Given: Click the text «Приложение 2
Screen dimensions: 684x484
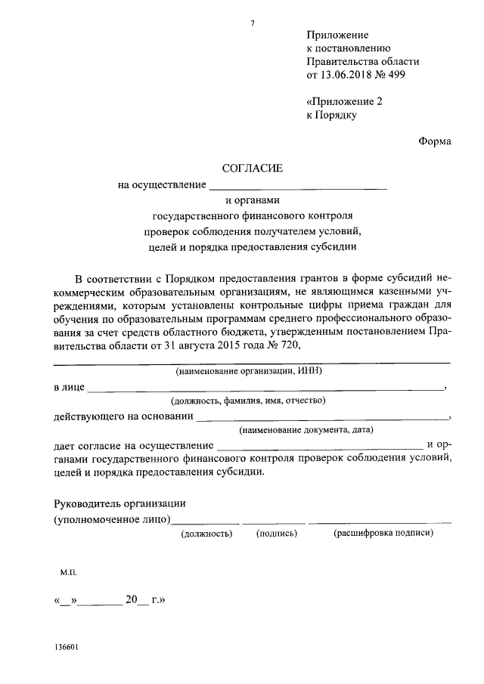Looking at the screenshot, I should pyautogui.click(x=345, y=101).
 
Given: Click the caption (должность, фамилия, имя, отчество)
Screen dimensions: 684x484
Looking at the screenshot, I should pyautogui.click(x=248, y=401).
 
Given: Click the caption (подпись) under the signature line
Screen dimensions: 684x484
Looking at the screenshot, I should pyautogui.click(x=276, y=533).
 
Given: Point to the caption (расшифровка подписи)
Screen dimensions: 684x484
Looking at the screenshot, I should pyautogui.click(x=383, y=533).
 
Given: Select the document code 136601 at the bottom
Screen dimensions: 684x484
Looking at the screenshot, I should pyautogui.click(x=67, y=648).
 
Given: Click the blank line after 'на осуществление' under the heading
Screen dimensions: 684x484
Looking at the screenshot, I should pyautogui.click(x=298, y=185).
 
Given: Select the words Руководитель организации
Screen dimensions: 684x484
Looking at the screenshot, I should pyautogui.click(x=119, y=504).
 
